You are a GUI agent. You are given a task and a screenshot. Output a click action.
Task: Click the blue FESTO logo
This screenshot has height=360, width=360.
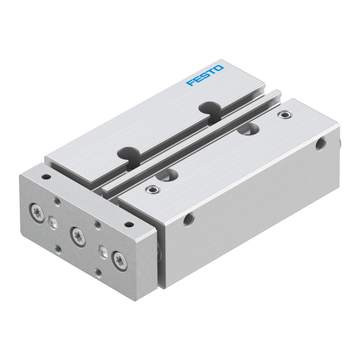click(x=205, y=75)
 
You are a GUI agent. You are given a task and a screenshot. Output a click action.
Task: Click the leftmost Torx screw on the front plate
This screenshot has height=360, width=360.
click(x=37, y=213)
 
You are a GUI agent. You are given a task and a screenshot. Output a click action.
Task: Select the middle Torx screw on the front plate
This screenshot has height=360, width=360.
click(x=78, y=237)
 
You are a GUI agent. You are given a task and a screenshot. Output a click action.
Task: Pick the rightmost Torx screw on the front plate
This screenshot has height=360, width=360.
click(x=119, y=261)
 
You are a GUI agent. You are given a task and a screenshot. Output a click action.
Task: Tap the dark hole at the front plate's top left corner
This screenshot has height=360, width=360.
click(x=46, y=177)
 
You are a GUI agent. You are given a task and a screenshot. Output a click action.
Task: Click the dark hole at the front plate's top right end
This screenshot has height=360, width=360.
click(x=129, y=224)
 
